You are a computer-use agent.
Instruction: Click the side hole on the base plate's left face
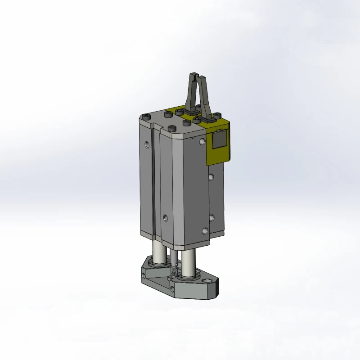[x=147, y=274]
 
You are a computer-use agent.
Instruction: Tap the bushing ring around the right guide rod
[x=186, y=274]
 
